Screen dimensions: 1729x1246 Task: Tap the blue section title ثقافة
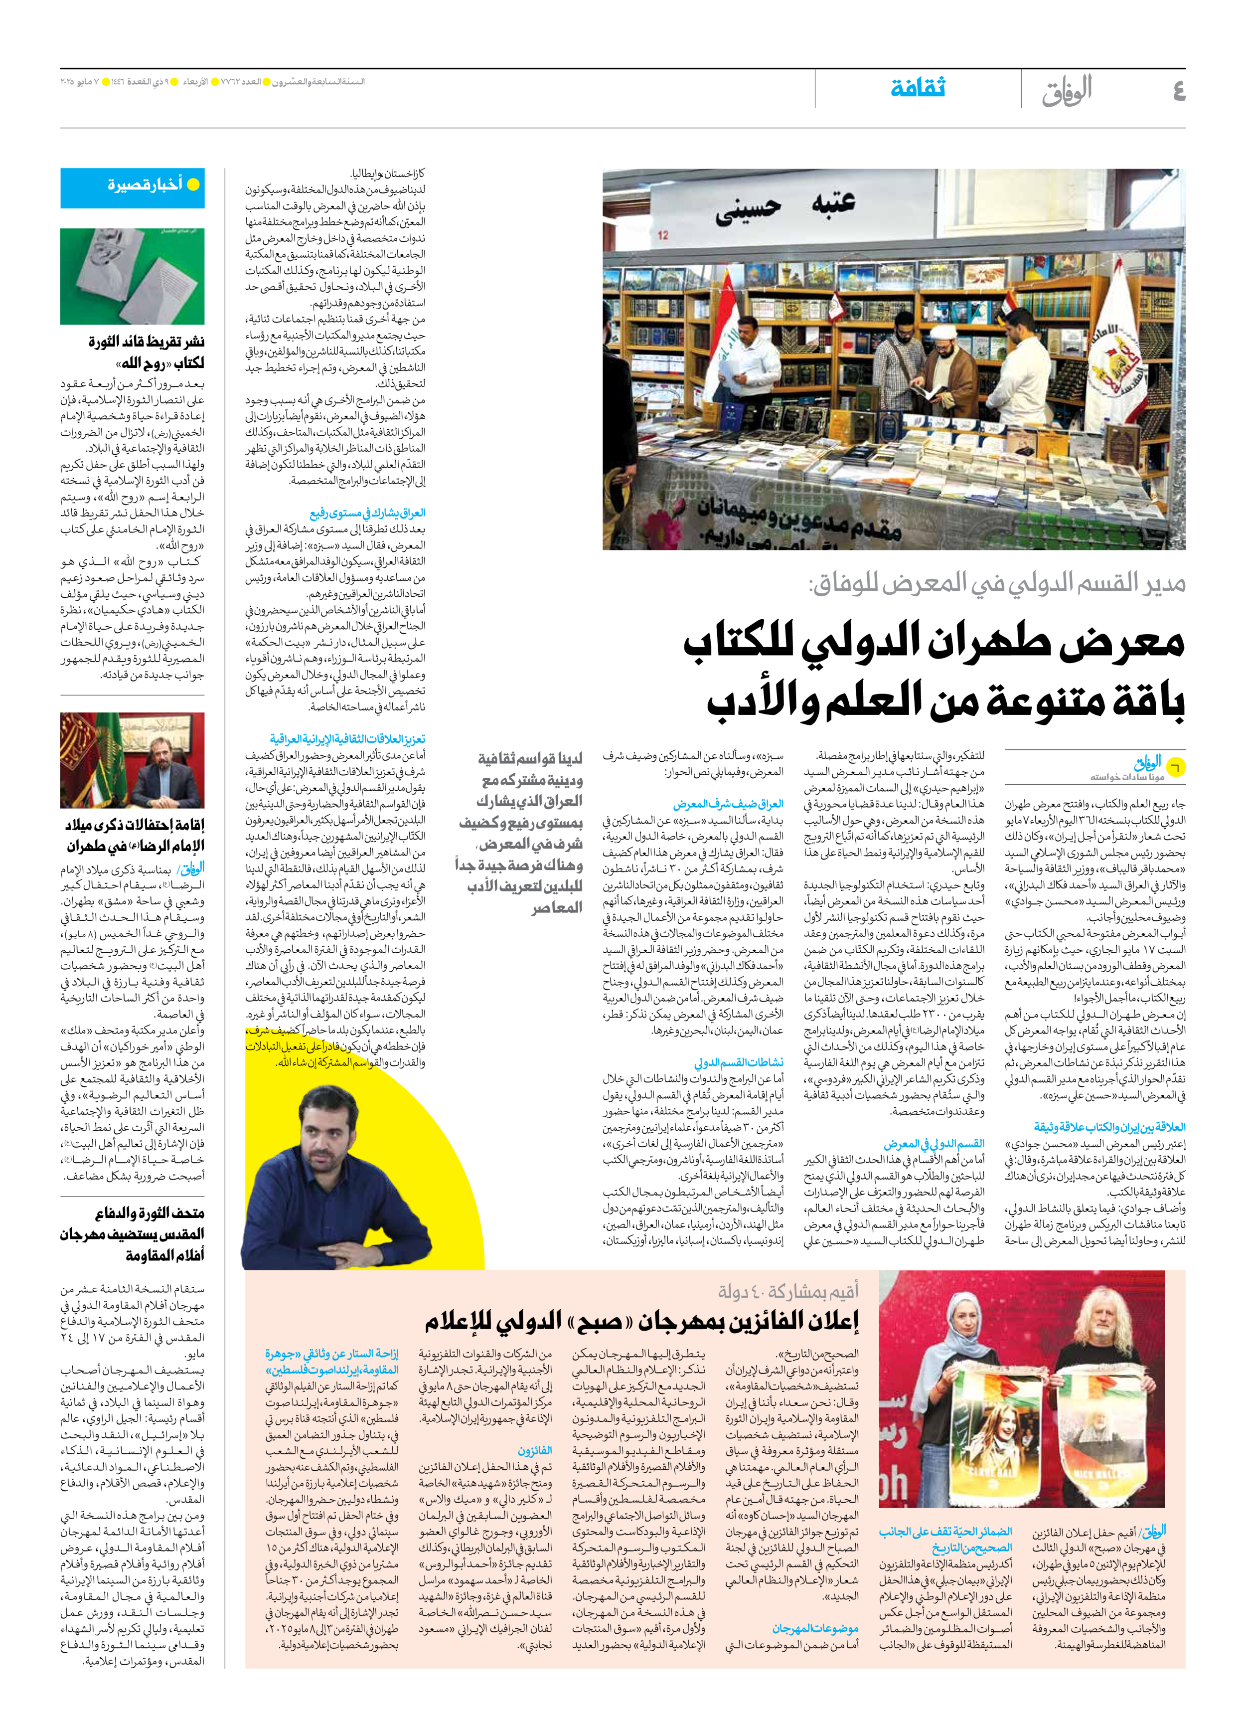[919, 88]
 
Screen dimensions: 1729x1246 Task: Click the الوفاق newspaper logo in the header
[1067, 90]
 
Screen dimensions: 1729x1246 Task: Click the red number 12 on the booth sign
[662, 235]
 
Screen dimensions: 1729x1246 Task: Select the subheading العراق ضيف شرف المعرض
[728, 804]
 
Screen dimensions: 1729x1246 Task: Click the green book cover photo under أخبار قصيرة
[133, 276]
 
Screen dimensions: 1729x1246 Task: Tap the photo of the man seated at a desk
[133, 760]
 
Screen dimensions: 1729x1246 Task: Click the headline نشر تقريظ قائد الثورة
[147, 341]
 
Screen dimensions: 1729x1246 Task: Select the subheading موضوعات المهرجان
[815, 1628]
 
